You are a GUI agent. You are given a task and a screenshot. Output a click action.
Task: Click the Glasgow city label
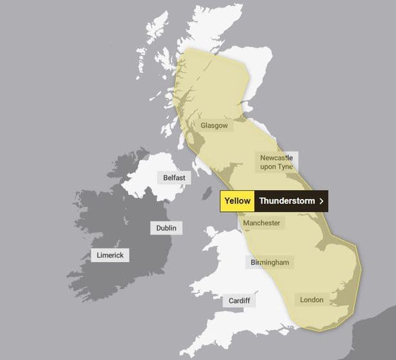pos(214,126)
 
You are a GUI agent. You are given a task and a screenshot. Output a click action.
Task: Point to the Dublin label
pos(166,228)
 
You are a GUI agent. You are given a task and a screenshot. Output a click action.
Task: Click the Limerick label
pos(110,255)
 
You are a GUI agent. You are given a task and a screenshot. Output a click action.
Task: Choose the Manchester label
pos(261,223)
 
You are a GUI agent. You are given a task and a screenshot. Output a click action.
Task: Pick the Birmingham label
pos(270,262)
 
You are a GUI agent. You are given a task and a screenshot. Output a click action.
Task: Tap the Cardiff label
pos(240,301)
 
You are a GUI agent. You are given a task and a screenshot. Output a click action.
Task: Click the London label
pos(312,299)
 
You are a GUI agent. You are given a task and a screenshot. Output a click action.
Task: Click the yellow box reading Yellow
pos(237,201)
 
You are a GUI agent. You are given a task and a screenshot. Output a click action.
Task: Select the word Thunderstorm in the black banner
pos(287,201)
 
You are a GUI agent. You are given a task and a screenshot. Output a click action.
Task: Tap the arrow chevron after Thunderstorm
pos(321,201)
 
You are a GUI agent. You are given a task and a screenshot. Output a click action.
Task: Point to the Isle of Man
pos(207,193)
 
